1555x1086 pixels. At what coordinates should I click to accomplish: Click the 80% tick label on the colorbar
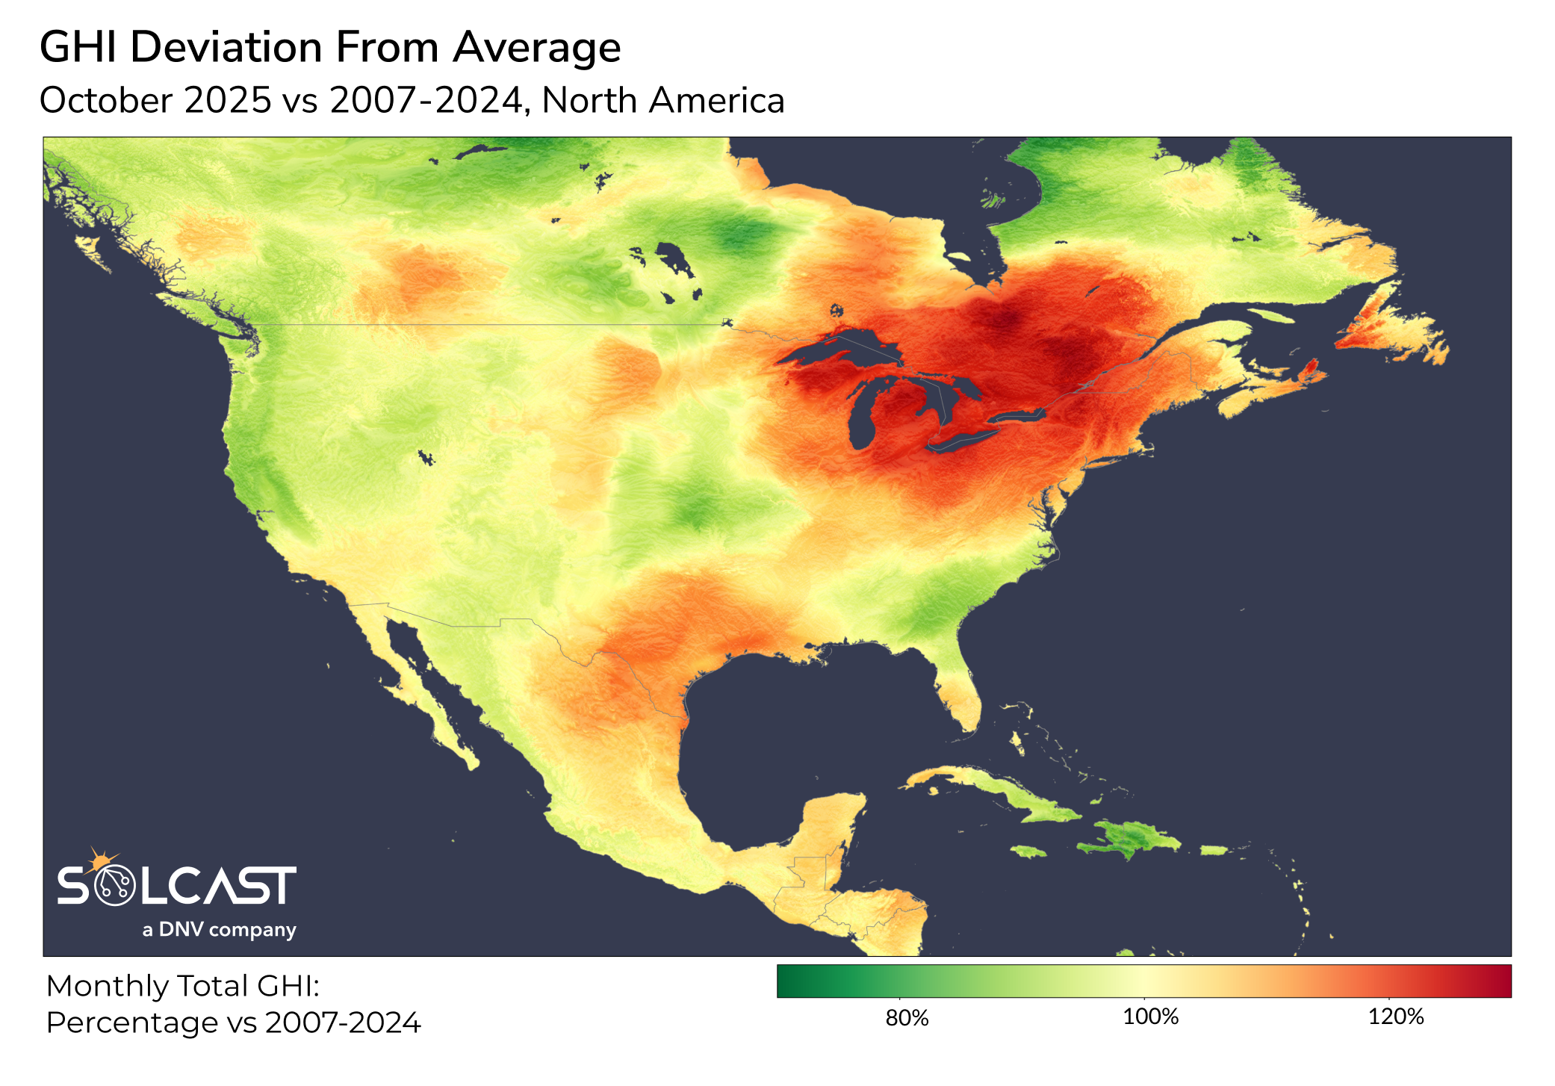point(907,1017)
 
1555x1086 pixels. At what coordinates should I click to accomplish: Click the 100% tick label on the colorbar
point(1151,1017)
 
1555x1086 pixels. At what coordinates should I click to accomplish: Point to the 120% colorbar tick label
point(1396,1017)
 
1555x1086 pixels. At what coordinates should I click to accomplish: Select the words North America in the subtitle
point(663,101)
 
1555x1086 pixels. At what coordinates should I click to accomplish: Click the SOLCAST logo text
point(176,887)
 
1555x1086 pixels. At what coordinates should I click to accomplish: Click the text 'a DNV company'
point(219,930)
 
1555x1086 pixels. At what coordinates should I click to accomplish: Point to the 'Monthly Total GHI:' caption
point(183,986)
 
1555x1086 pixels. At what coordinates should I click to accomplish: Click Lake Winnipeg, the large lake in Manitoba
point(675,258)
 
